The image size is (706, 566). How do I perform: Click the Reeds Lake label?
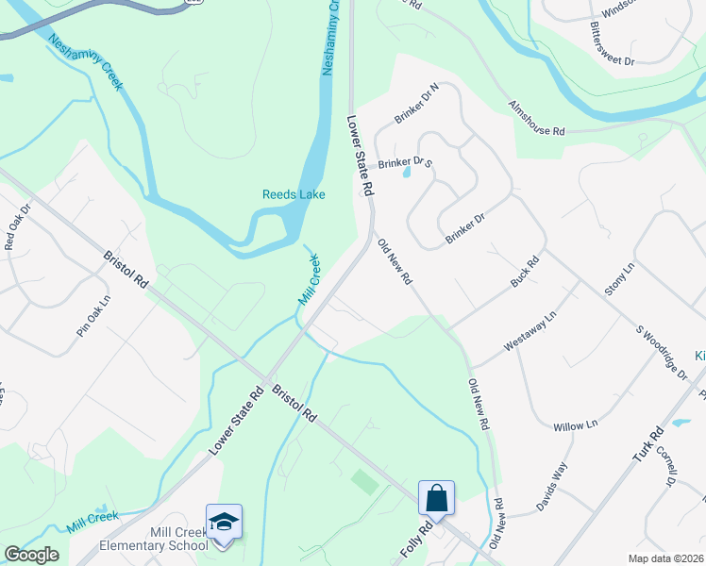click(x=294, y=194)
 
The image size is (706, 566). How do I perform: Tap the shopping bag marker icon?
click(x=437, y=497)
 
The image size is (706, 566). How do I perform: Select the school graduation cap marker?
click(x=224, y=522)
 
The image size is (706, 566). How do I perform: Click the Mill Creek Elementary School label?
click(x=154, y=539)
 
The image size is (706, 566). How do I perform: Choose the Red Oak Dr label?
click(x=17, y=226)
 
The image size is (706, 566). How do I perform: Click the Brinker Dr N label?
click(x=418, y=104)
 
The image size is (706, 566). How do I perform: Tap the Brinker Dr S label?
click(x=405, y=163)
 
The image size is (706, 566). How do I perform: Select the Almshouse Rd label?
click(x=536, y=119)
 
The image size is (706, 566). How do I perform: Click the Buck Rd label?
click(x=524, y=274)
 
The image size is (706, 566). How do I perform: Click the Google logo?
click(x=31, y=555)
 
